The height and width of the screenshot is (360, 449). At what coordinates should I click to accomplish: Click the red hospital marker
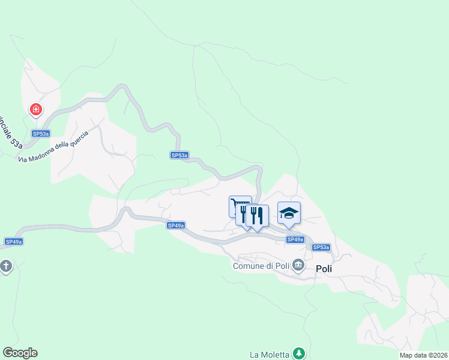pos(36,109)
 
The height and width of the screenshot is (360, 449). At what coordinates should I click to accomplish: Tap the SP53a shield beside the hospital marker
pos(41,134)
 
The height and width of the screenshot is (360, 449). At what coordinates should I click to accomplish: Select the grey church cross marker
pos(6,266)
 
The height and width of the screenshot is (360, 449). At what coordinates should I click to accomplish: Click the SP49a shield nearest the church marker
pos(14,242)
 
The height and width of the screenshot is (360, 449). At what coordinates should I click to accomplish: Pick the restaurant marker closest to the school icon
pos(258,215)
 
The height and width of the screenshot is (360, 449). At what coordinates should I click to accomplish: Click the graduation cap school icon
pos(289,213)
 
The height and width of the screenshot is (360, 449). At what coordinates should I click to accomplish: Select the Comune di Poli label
pos(261,266)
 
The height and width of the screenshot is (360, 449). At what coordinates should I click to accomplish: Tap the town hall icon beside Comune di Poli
pos(298,266)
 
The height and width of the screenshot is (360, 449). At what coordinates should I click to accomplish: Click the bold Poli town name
pos(324,269)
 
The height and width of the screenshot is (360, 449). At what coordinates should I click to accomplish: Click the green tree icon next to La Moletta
pos(298,353)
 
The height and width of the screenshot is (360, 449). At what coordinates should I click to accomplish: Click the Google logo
pos(20,353)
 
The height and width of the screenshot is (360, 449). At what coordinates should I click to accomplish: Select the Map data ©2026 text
pos(423,355)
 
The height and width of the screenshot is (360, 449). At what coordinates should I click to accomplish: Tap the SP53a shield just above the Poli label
pos(321,247)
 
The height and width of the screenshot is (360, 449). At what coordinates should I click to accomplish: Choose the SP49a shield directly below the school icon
pos(295,239)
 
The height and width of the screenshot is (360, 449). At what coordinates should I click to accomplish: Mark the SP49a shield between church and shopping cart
pos(176,226)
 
